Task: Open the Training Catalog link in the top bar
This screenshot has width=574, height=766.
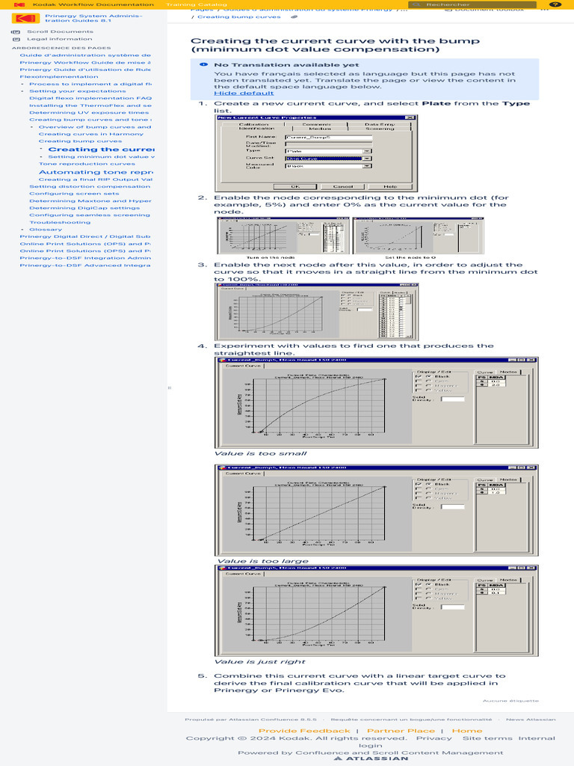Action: [x=186, y=4]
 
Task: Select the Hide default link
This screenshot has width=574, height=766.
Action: [x=244, y=93]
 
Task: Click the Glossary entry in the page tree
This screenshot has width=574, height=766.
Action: [x=46, y=229]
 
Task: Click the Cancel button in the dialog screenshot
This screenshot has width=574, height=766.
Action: [x=342, y=186]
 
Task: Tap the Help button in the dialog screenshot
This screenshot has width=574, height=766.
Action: [x=390, y=186]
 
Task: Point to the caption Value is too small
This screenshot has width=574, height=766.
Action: [x=250, y=453]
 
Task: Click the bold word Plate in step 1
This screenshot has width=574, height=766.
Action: [x=436, y=103]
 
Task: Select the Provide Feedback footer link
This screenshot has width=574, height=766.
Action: [x=304, y=730]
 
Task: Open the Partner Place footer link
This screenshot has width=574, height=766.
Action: [x=400, y=730]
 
